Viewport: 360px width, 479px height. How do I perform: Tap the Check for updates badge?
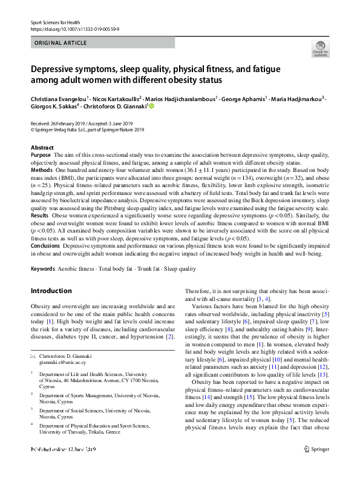[x=319, y=48]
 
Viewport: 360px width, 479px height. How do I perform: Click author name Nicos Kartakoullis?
[x=116, y=99]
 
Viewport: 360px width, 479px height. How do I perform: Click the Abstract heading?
[x=42, y=148]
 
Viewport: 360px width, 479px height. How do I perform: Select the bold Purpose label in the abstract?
[x=41, y=156]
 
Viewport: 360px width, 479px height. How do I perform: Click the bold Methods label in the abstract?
[x=41, y=171]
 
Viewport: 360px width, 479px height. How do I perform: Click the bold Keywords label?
[x=44, y=285]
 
